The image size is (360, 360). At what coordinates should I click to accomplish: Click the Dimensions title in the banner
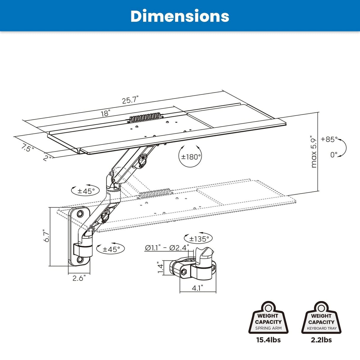pyautogui.click(x=180, y=16)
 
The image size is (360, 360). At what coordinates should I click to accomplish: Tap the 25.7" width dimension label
pyautogui.click(x=130, y=100)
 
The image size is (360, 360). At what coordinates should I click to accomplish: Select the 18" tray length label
pyautogui.click(x=105, y=113)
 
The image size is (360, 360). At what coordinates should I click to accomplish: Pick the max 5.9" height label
pyautogui.click(x=314, y=152)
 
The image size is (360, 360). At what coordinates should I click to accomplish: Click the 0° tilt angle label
pyautogui.click(x=334, y=155)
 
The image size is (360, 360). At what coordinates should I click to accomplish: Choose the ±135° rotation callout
pyautogui.click(x=199, y=238)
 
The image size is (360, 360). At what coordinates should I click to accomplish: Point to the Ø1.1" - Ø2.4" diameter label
pyautogui.click(x=166, y=248)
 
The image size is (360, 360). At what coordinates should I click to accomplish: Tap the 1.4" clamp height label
pyautogui.click(x=160, y=267)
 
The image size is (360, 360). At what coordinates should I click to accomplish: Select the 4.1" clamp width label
pyautogui.click(x=197, y=288)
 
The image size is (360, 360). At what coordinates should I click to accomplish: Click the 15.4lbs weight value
pyautogui.click(x=268, y=340)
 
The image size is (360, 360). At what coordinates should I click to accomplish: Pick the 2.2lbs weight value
pyautogui.click(x=321, y=340)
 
